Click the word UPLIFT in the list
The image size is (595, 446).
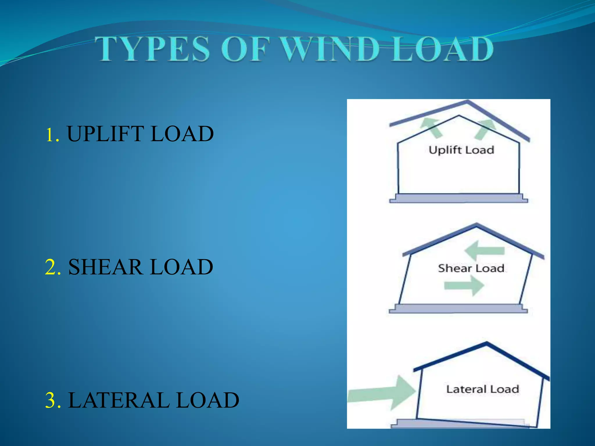pos(105,134)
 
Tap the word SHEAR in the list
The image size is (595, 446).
pos(105,267)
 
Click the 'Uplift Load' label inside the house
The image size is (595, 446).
pos(461,150)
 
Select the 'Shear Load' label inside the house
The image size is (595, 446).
pos(471,268)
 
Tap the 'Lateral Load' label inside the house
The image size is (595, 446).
pos(483,389)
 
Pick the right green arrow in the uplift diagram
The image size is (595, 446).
pos(485,129)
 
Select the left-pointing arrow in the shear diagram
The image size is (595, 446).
pos(484,251)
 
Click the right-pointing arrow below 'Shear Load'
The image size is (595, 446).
pos(464,286)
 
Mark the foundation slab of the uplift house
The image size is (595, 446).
pos(458,198)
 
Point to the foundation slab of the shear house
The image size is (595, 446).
pos(458,308)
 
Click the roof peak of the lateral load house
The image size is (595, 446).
pos(487,344)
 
